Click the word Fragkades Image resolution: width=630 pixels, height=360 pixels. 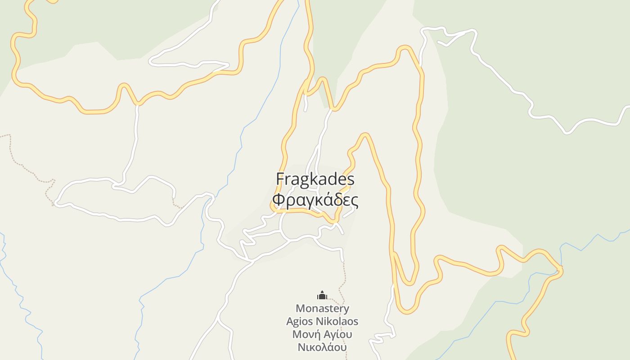click(x=315, y=179)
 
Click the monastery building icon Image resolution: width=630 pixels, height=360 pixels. click(x=322, y=295)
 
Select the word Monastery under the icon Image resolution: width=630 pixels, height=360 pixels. click(x=322, y=309)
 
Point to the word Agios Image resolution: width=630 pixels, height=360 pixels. click(x=300, y=322)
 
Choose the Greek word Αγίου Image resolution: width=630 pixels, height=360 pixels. click(x=337, y=334)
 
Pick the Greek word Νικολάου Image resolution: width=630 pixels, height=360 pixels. click(x=322, y=347)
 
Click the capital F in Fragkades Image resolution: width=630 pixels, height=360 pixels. click(x=280, y=179)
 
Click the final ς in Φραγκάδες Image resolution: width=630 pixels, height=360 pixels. click(x=355, y=200)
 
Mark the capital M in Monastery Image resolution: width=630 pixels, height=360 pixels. click(x=301, y=309)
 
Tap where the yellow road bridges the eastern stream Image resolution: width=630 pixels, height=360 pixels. click(x=559, y=270)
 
